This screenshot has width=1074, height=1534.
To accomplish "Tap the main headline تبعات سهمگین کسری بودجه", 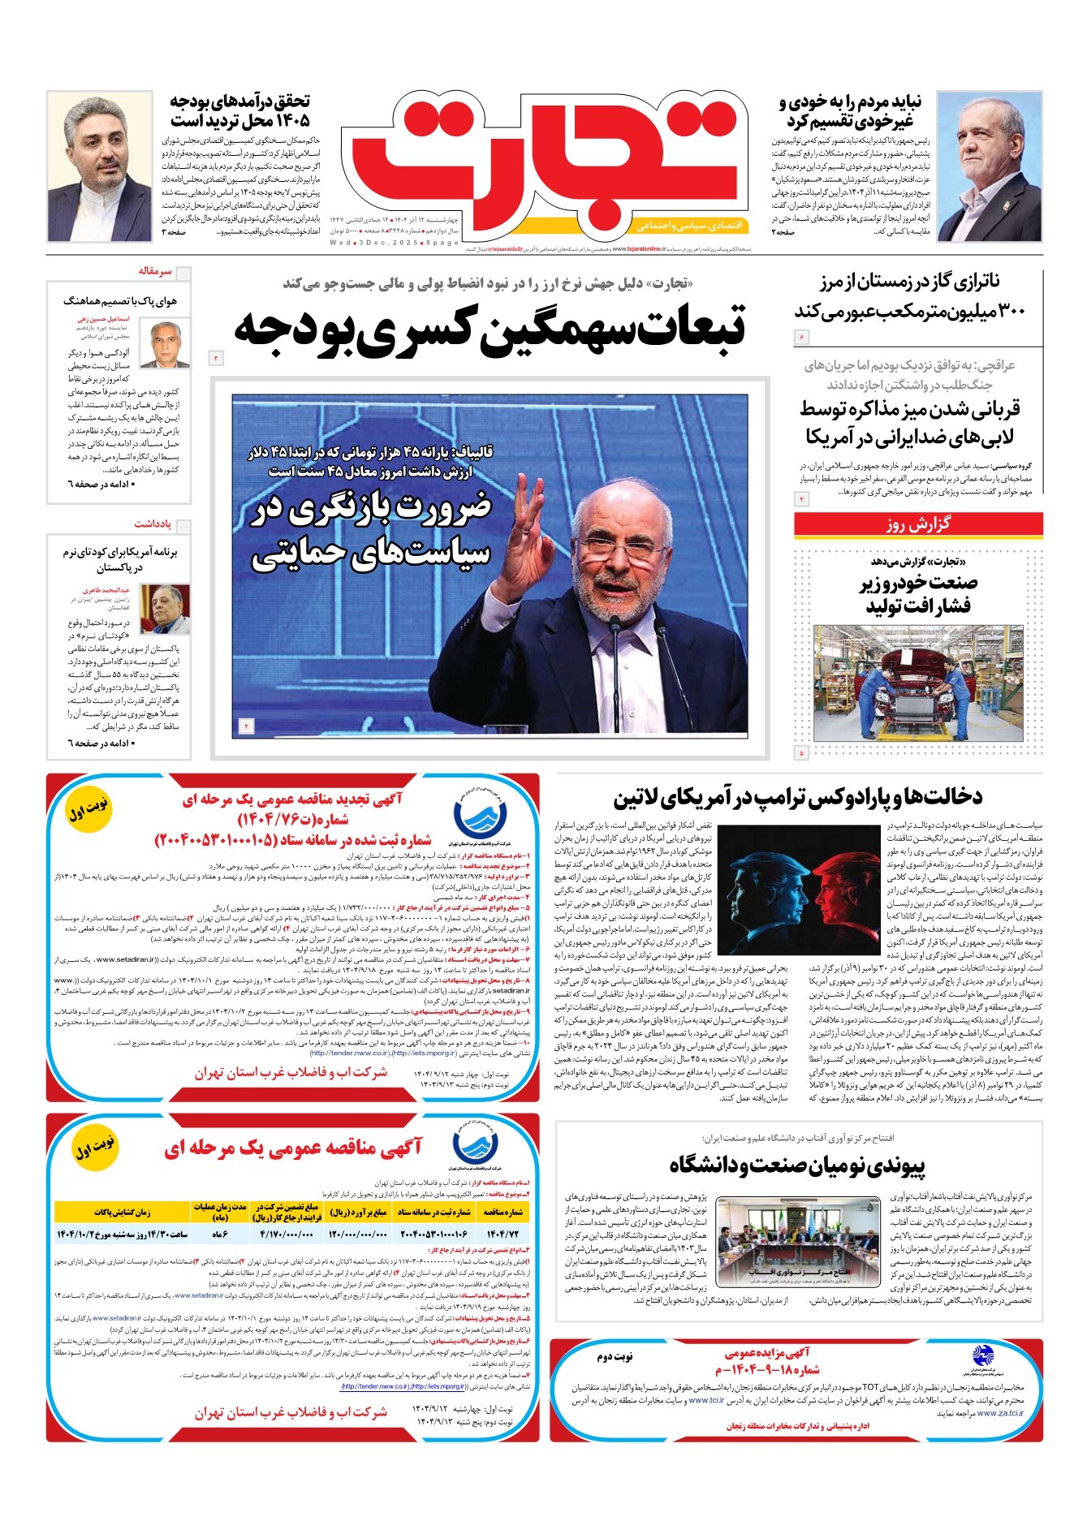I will point(489,328).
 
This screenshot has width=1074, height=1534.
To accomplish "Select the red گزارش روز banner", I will point(917,524).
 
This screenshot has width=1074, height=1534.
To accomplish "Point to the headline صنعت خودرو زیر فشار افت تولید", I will point(917,594).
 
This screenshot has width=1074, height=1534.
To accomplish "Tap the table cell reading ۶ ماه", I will point(219,1235).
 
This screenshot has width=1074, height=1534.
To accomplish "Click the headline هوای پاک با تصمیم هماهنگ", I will point(120,301).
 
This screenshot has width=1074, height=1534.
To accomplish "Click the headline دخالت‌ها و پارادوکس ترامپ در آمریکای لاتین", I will point(797,796).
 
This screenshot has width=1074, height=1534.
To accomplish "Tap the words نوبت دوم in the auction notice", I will point(615,1357).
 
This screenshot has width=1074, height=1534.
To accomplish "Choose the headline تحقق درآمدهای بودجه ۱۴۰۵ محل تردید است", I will point(239,111).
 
